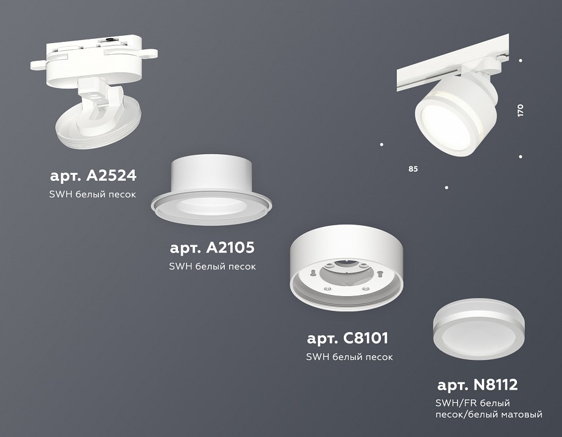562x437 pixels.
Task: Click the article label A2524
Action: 93,176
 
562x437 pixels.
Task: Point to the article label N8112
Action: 478,385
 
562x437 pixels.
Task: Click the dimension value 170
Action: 520,110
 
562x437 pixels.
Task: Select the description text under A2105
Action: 212,266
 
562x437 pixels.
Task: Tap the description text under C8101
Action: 349,357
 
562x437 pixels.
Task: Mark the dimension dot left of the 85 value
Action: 382,144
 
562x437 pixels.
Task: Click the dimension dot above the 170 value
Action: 521,60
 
